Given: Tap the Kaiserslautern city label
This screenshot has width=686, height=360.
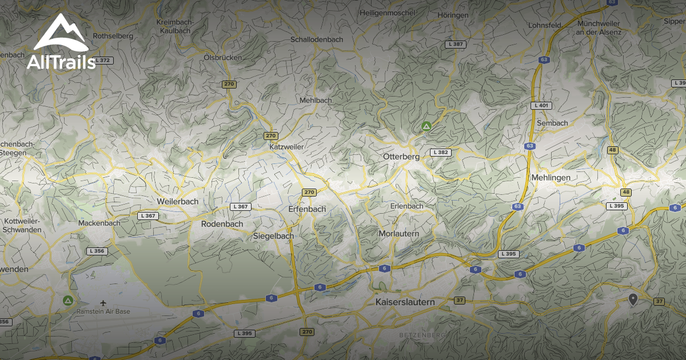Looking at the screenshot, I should tap(405, 302).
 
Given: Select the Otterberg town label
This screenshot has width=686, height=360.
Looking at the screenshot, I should tap(401, 157).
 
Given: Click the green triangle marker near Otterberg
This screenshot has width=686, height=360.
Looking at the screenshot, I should tap(426, 126).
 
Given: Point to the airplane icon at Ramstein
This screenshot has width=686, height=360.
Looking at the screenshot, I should tap(103, 302).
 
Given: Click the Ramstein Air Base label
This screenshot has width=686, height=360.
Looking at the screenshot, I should tap(103, 311).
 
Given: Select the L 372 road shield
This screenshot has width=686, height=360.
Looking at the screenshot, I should tap(103, 60).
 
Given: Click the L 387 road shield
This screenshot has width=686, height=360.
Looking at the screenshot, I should tap(457, 44).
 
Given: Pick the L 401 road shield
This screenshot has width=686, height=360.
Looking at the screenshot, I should tap(541, 106).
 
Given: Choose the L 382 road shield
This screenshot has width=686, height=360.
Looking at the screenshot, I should tap(441, 153).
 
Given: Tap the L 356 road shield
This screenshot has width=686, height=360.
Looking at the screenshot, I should tap(97, 251).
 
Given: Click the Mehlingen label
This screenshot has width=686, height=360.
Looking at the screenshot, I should tap(551, 178).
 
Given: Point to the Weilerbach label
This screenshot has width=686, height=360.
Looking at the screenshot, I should tap(177, 202).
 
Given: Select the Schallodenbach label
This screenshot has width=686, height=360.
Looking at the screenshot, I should tap(317, 39).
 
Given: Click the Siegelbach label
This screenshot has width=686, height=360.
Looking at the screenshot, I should tap(273, 235).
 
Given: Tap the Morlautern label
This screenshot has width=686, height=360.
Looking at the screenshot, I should tap(399, 234).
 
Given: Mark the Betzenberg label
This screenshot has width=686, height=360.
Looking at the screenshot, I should tap(422, 334).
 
